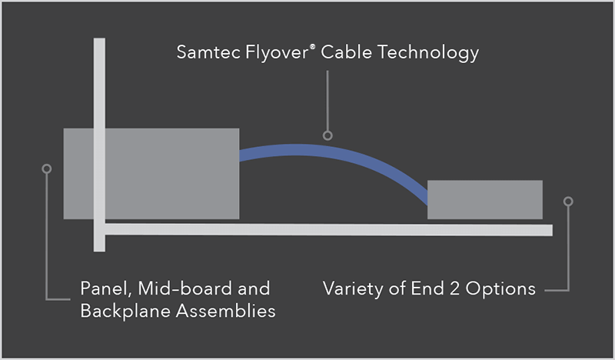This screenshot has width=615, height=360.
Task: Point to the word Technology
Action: point(427,54)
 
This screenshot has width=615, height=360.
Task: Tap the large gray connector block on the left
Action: point(169,173)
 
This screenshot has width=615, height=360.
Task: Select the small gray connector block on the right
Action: point(484,199)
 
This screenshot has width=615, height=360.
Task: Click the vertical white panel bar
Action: point(99,92)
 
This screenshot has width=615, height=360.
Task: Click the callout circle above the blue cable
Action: point(327,135)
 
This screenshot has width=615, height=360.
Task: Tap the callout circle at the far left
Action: point(47,168)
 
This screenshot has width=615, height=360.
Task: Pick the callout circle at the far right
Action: point(568,202)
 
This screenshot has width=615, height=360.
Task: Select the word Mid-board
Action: point(178,289)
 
